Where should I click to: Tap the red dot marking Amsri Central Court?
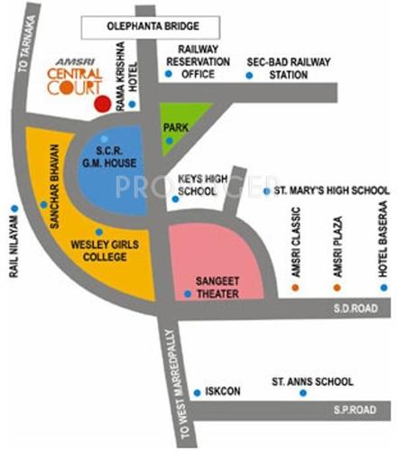[x=103, y=104]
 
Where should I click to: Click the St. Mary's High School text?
[x=332, y=191]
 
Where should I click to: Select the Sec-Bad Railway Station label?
[x=289, y=68]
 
